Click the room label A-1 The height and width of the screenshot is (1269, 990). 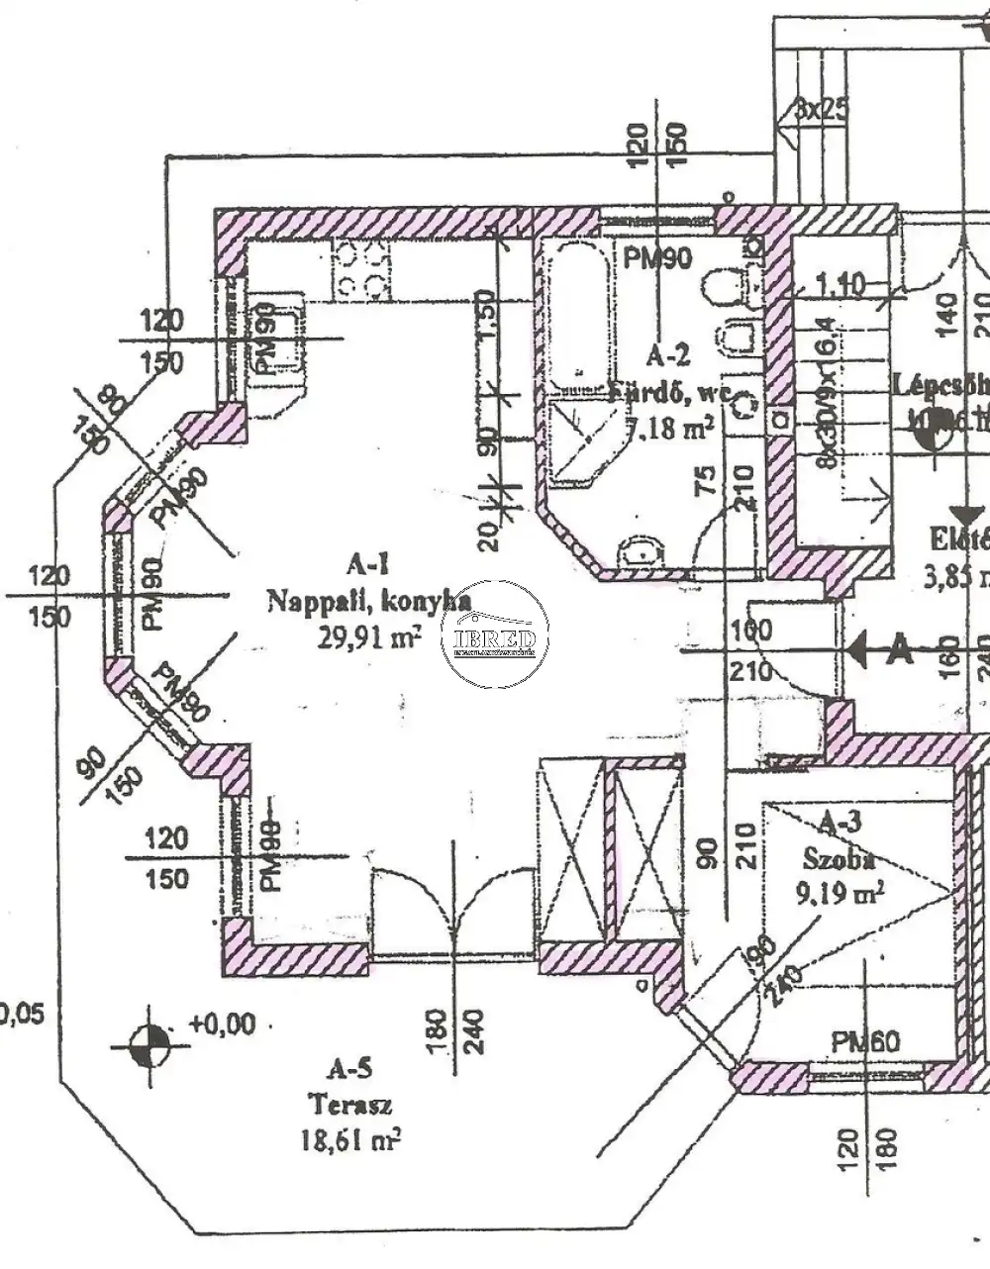[367, 566]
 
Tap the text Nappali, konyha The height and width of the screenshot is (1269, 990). [367, 601]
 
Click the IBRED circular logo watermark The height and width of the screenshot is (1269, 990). [495, 634]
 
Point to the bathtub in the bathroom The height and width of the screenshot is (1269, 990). [573, 307]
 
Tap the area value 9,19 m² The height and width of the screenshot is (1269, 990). [840, 894]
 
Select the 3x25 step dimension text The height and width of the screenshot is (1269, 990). [821, 108]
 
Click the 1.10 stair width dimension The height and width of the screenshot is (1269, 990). [841, 285]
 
